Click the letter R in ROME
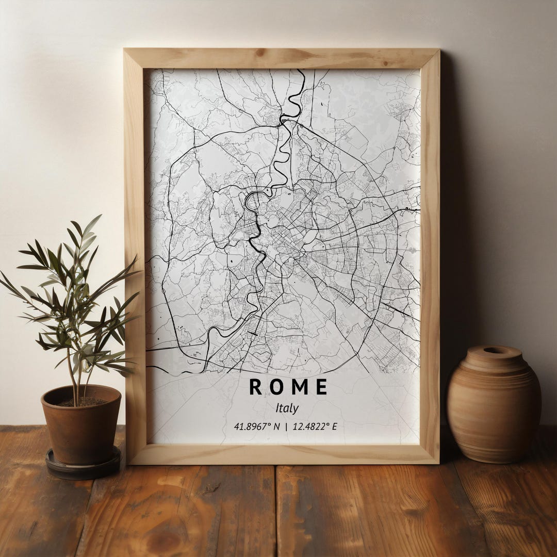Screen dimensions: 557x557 pos(255,387)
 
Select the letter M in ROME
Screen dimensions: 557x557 pos(299,387)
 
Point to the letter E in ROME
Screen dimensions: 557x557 pos(321,387)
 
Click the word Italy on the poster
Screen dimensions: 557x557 pos(287,408)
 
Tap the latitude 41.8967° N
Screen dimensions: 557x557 pos(256,427)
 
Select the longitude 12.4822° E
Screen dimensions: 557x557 pos(315,427)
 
